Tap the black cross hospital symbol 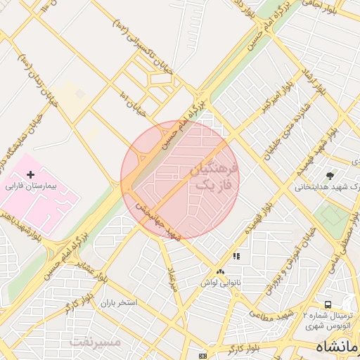tap(30, 174)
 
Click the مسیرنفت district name tap(96, 342)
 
